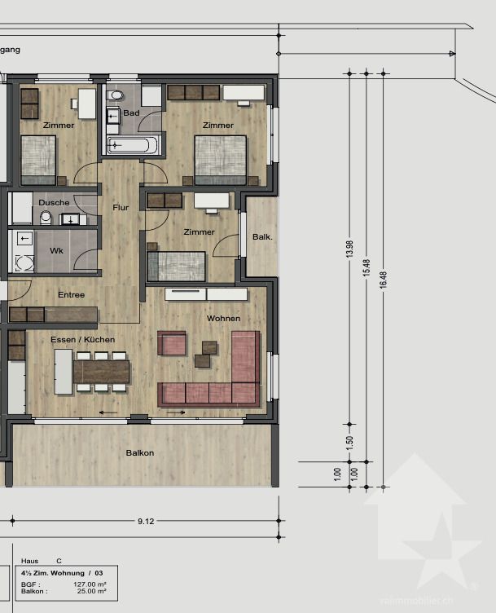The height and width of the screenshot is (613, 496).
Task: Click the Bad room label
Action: pyautogui.click(x=131, y=112)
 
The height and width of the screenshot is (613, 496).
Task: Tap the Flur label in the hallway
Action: pyautogui.click(x=121, y=208)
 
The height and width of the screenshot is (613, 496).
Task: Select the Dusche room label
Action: pyautogui.click(x=54, y=202)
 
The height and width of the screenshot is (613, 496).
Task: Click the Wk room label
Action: pyautogui.click(x=56, y=250)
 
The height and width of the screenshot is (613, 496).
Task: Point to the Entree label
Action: pyautogui.click(x=71, y=294)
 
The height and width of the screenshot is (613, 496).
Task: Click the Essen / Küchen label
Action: pyautogui.click(x=82, y=339)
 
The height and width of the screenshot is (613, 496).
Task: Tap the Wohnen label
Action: pyautogui.click(x=223, y=318)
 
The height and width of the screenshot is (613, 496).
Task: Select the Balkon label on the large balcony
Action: pyautogui.click(x=140, y=452)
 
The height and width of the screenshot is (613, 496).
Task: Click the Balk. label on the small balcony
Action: pyautogui.click(x=261, y=237)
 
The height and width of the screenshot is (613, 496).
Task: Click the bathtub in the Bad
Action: pyautogui.click(x=133, y=146)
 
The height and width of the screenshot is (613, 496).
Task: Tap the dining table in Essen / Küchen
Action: pyautogui.click(x=101, y=372)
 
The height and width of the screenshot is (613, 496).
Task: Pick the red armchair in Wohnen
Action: pyautogui.click(x=172, y=343)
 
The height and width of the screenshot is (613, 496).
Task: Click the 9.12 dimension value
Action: pyautogui.click(x=146, y=521)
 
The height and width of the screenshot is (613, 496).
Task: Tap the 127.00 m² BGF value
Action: pyautogui.click(x=90, y=584)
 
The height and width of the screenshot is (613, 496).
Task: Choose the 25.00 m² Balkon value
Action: pyautogui.click(x=90, y=593)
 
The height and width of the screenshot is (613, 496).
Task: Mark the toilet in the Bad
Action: pyautogui.click(x=115, y=96)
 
